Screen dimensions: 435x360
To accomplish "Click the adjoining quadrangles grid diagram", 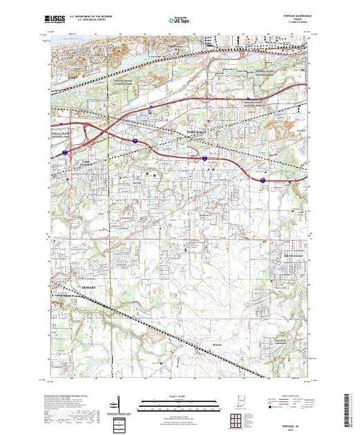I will (237, 420).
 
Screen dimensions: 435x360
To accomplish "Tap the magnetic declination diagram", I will (118, 403).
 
